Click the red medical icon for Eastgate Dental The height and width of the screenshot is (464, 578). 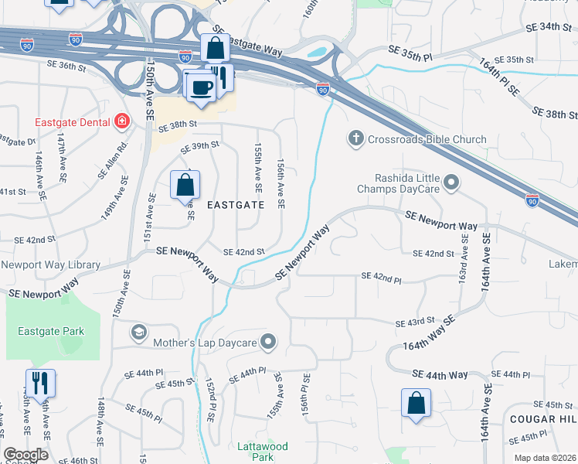(121, 121)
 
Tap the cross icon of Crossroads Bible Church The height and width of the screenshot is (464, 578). (355, 139)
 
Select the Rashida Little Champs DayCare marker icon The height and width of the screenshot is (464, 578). (452, 183)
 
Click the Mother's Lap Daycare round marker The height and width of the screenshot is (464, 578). (268, 340)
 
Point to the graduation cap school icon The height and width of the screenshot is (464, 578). (138, 333)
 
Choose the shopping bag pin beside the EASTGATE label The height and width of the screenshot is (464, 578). (185, 186)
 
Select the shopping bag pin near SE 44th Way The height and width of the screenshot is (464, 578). (416, 403)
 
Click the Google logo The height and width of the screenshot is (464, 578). (26, 455)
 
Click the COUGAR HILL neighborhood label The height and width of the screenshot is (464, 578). (543, 418)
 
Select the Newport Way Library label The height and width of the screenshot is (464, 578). (50, 264)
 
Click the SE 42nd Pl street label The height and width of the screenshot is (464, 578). (382, 277)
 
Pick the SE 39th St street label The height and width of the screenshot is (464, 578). (200, 145)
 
